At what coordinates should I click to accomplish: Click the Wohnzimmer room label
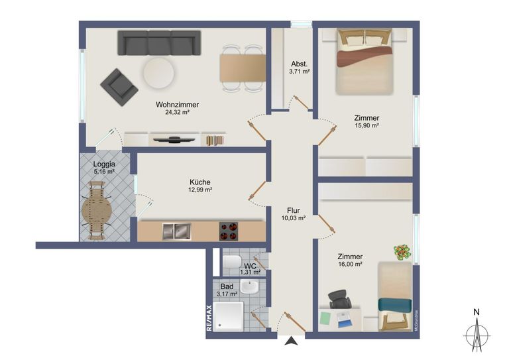177,105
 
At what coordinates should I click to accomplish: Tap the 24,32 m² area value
177,113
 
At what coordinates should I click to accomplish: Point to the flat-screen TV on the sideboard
174,139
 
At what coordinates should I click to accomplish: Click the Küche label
199,182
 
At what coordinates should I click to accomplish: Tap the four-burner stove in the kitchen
229,231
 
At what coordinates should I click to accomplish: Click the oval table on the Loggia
97,213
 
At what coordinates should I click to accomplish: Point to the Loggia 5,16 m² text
104,168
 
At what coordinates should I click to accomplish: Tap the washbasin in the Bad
250,288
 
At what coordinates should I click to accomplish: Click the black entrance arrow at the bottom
290,341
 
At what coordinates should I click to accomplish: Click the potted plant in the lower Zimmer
402,252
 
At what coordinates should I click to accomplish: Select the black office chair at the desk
340,300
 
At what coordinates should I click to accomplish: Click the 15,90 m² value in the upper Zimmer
366,125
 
